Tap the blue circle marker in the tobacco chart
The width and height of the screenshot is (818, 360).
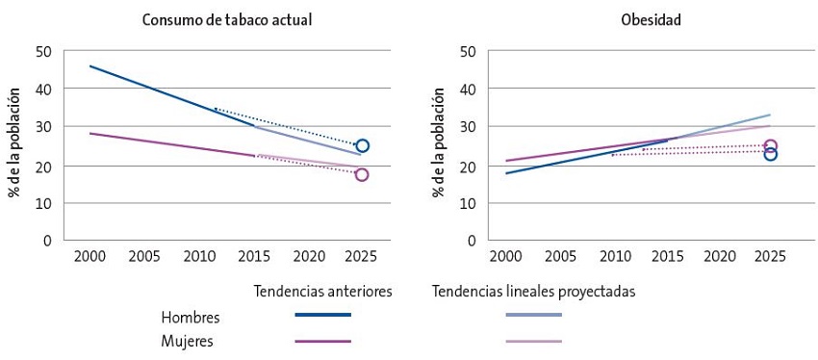[x=362, y=146]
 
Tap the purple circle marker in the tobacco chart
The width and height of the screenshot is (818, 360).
[x=362, y=174]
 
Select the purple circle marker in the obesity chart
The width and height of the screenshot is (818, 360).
[x=770, y=146]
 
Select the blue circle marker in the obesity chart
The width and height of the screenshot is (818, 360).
[x=770, y=154]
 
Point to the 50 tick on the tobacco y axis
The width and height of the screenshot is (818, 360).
[x=43, y=51]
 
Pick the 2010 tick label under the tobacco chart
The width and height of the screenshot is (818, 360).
[x=198, y=258]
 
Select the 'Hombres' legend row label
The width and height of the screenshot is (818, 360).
[x=191, y=317]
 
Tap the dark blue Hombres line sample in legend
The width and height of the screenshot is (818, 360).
[x=322, y=315]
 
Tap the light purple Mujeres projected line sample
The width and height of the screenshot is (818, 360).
[x=533, y=341]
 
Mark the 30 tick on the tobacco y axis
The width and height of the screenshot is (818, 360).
[x=43, y=127]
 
